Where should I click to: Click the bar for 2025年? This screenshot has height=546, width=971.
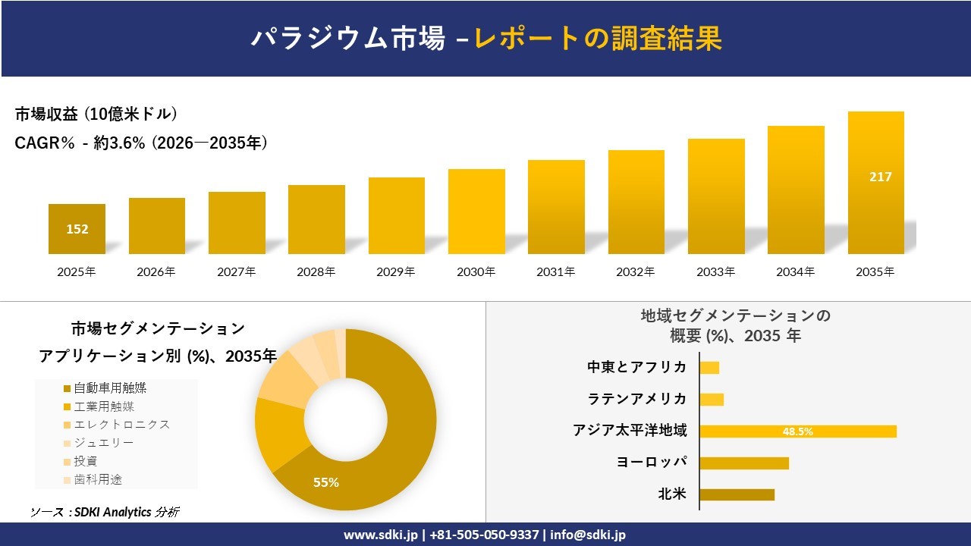click(x=77, y=229)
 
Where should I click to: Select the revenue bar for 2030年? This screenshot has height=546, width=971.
click(x=476, y=212)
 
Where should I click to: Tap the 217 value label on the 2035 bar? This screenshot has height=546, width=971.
click(x=881, y=177)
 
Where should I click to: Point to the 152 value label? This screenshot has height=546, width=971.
click(x=77, y=229)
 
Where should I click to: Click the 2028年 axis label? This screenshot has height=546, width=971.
click(x=316, y=271)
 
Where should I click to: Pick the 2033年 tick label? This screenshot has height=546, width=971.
click(x=715, y=271)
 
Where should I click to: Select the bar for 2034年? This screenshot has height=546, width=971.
click(x=796, y=190)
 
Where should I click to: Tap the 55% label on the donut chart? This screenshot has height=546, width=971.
click(x=326, y=482)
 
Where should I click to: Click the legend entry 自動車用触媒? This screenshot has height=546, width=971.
click(x=105, y=388)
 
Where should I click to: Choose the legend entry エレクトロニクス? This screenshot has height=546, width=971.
click(x=117, y=425)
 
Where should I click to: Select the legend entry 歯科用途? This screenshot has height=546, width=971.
click(x=93, y=480)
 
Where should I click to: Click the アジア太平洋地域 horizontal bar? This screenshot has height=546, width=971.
click(x=798, y=431)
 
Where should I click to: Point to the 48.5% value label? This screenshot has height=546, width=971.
click(x=797, y=431)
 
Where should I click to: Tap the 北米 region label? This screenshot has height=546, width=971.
click(x=672, y=494)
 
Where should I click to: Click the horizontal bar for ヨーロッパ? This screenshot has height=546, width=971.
click(x=744, y=463)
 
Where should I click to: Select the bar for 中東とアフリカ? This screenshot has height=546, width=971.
click(x=709, y=368)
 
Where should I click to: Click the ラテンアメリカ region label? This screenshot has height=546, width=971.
click(x=636, y=399)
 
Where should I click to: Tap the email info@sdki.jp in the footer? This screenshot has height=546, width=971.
click(x=588, y=535)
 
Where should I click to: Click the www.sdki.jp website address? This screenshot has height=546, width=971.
click(x=381, y=535)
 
